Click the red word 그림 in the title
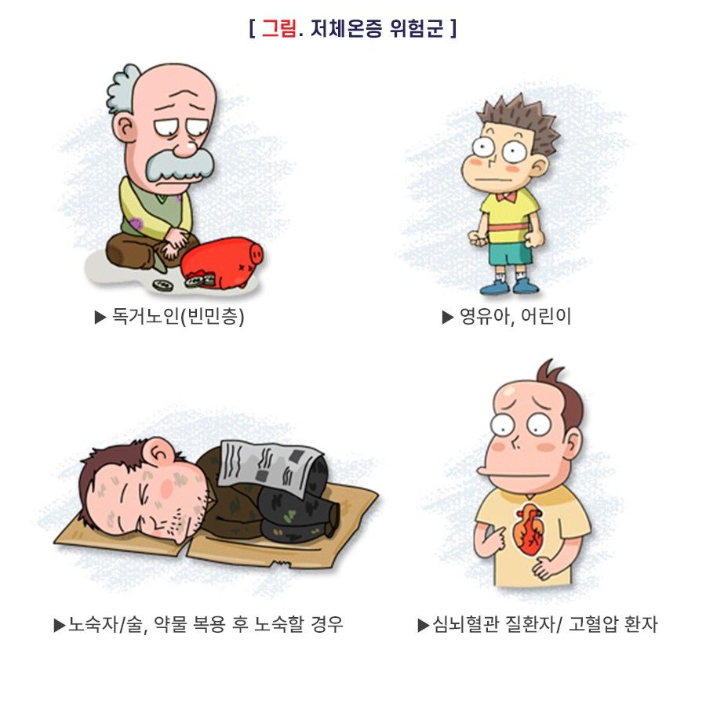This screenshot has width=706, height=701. [x=278, y=28]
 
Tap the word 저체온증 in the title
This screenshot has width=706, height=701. [x=347, y=28]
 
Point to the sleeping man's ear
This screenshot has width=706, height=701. [x=161, y=452]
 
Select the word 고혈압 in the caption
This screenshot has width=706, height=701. [x=594, y=624]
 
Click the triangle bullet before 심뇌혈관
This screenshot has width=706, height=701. [x=424, y=626]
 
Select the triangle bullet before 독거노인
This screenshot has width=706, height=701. [x=100, y=318]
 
